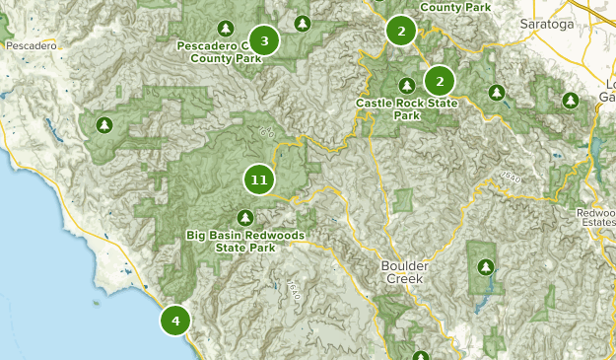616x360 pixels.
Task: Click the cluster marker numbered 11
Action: (258, 180)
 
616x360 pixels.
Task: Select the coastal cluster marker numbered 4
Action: (175, 321)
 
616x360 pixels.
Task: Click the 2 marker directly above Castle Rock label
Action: (440, 80)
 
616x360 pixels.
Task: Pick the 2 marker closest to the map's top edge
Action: (401, 31)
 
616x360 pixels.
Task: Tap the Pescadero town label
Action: (31, 45)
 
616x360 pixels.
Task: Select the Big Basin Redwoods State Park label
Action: (245, 242)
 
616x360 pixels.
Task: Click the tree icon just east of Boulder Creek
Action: (484, 266)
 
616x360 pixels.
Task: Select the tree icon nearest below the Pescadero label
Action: (104, 125)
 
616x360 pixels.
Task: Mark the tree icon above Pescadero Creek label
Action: (226, 28)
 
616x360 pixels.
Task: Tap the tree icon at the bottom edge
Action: (421, 356)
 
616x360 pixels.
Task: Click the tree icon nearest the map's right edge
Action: (570, 101)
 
